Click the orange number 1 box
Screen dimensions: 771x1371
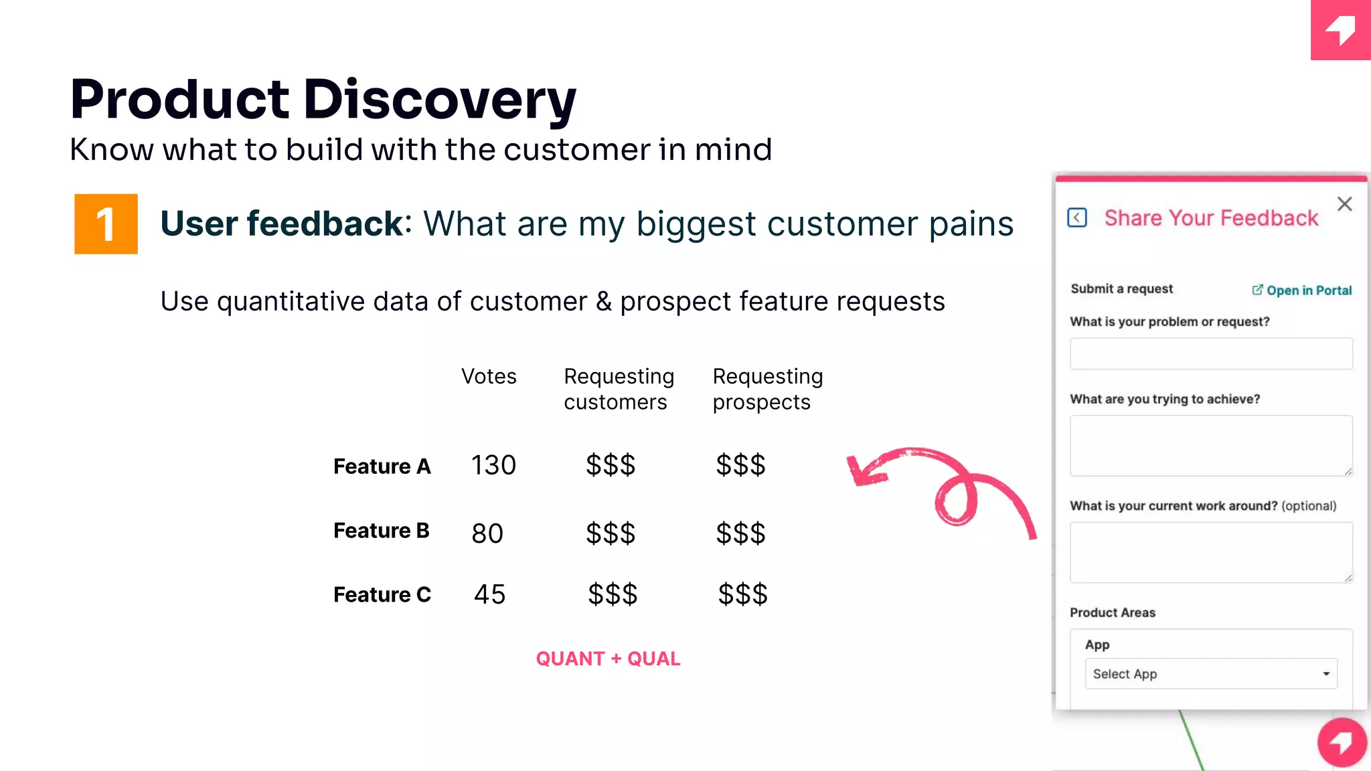tap(106, 224)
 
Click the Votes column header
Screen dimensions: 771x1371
tap(489, 377)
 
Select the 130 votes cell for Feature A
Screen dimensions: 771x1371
tap(493, 465)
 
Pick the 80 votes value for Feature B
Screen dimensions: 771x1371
tap(487, 533)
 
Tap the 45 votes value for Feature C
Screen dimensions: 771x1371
tap(489, 594)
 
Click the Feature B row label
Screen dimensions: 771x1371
tap(381, 531)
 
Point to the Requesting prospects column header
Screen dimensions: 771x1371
tap(767, 389)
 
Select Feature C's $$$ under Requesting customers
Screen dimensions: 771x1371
tap(613, 594)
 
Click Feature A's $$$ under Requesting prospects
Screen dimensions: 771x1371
tap(740, 465)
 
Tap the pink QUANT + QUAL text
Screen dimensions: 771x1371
tap(608, 659)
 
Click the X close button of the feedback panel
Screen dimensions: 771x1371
tap(1344, 204)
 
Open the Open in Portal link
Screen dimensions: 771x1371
tap(1302, 290)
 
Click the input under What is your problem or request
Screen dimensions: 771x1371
tap(1210, 353)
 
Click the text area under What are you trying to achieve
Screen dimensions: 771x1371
tap(1210, 445)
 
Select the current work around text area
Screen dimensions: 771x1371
tap(1210, 552)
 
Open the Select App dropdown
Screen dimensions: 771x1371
tap(1210, 674)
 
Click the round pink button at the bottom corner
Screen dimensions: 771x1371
tap(1342, 742)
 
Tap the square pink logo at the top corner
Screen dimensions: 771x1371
tap(1340, 30)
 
